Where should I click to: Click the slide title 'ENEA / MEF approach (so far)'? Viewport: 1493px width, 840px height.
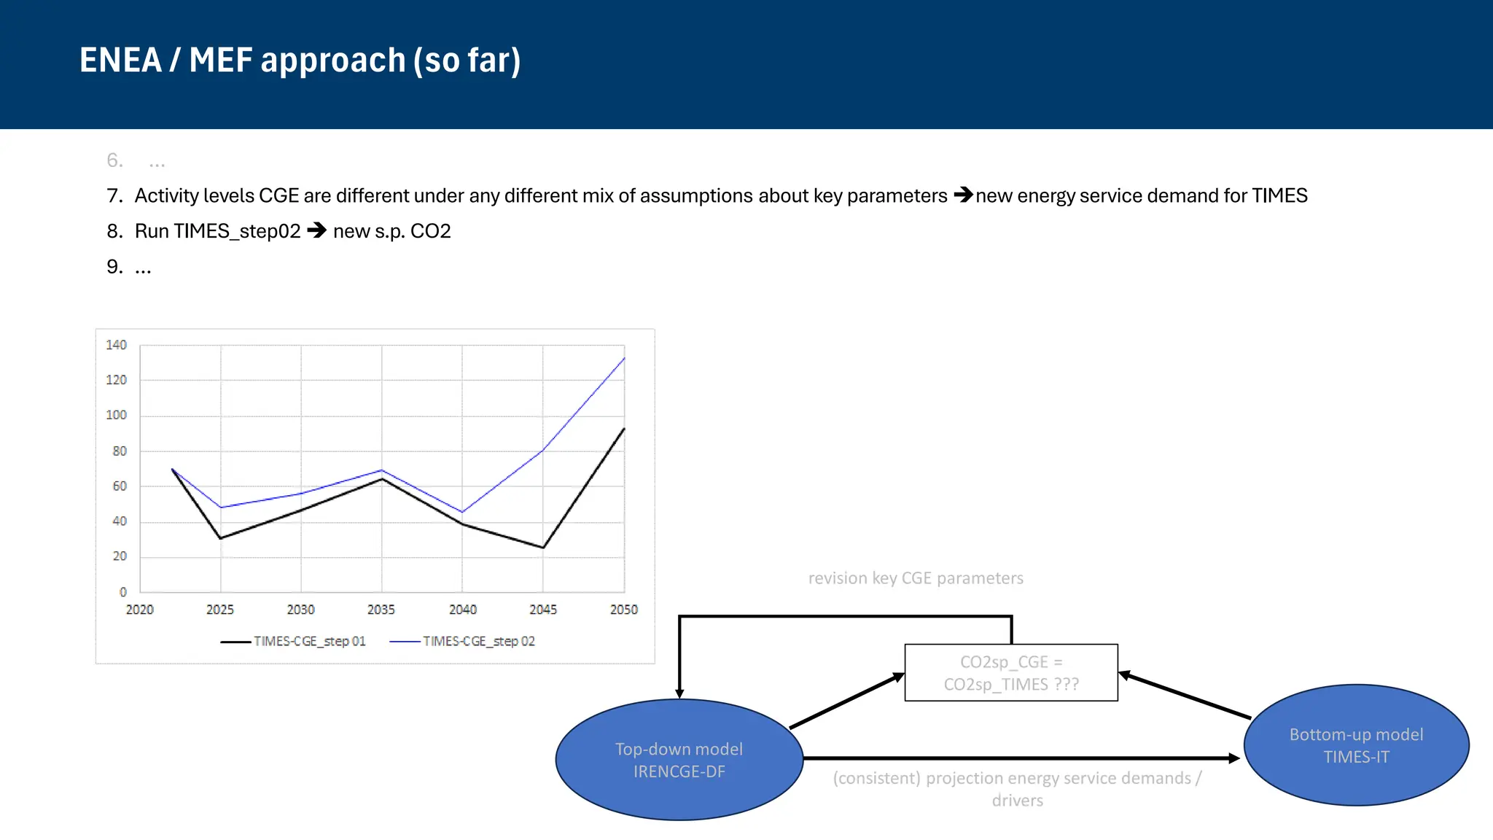tap(300, 61)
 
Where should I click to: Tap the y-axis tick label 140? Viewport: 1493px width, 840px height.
tap(116, 345)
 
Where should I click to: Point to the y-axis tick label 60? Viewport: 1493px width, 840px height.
tap(120, 486)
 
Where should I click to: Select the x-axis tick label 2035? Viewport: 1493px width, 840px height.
tap(381, 610)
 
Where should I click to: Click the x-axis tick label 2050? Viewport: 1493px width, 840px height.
tap(623, 610)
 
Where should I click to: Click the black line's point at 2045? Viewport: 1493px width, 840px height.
tap(543, 548)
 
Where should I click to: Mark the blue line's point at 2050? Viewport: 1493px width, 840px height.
tap(624, 358)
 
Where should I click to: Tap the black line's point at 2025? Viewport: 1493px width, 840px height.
tap(221, 538)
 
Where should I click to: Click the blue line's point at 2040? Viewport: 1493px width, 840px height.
tap(462, 512)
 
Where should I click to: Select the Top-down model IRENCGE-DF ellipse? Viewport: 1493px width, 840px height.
tap(679, 760)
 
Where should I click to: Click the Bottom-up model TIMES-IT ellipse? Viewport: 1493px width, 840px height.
tap(1356, 745)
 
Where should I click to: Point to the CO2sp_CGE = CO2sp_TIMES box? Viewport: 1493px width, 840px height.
tap(1011, 672)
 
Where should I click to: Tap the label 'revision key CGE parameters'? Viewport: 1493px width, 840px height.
tap(916, 578)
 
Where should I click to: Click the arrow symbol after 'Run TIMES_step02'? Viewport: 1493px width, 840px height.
tap(317, 230)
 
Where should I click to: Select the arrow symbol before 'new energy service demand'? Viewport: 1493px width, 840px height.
tap(963, 195)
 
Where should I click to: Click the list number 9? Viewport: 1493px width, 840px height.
tap(114, 267)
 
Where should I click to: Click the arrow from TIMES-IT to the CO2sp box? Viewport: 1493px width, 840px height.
tap(1185, 696)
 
